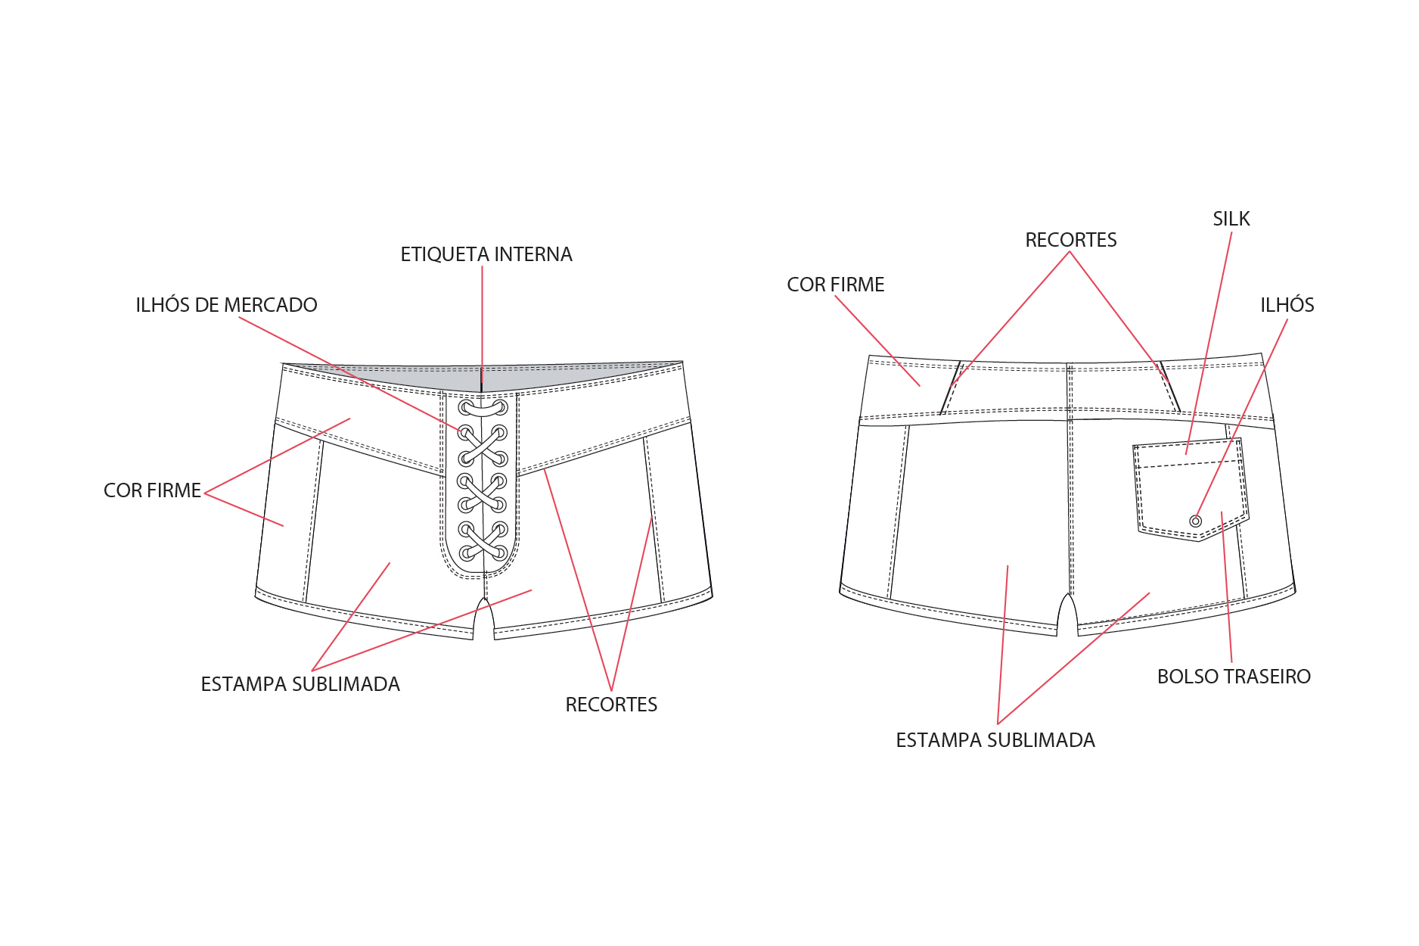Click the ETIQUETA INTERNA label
coord(486,254)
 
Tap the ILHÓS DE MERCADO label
coord(226,304)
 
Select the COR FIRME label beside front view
coord(152,490)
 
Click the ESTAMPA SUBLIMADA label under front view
coord(300,684)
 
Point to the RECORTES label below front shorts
coord(611,705)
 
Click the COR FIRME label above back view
coord(836,285)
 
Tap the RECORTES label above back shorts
coord(1071,240)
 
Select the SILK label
coord(1231,219)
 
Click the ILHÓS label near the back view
coord(1287,304)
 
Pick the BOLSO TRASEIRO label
coord(1234,677)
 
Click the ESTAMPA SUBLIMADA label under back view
coord(995,740)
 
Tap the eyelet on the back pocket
coord(1196,521)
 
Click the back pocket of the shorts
coord(1190,489)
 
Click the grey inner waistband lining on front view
coord(483,376)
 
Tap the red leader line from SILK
coord(1209,343)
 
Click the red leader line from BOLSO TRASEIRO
coord(1227,587)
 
